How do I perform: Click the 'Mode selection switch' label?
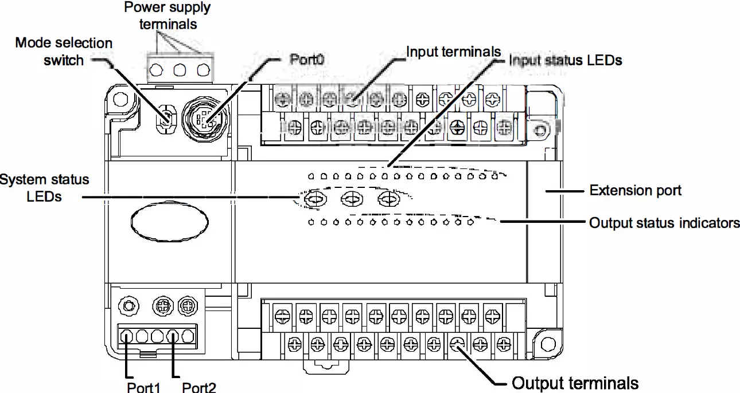[63, 51]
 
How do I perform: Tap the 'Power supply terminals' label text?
[168, 16]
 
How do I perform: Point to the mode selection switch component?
[165, 117]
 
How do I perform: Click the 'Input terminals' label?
[453, 52]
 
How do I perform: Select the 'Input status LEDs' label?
[566, 60]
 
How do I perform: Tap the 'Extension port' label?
[636, 190]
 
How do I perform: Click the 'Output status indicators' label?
[664, 223]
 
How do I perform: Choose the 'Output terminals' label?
[575, 383]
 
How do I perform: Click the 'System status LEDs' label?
[45, 187]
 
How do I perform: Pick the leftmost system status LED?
[314, 199]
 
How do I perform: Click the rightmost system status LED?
[389, 199]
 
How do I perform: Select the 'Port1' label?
[143, 387]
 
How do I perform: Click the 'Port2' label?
[199, 387]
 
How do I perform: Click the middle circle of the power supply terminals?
[180, 70]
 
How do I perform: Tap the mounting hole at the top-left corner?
[120, 100]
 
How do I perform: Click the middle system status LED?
[351, 199]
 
